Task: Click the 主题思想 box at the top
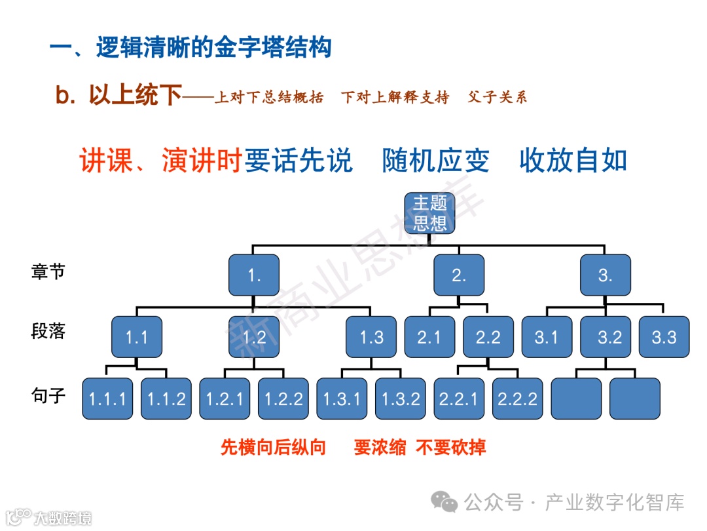click(430, 213)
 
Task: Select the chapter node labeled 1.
click(254, 275)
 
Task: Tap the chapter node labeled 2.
click(459, 275)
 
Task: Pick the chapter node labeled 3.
click(605, 275)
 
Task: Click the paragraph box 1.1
click(137, 338)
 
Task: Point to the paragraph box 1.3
click(371, 338)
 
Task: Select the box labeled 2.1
click(429, 338)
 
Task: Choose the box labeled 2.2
click(488, 338)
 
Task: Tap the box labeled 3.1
click(546, 338)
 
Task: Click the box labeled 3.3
click(664, 338)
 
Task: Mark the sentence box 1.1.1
click(107, 399)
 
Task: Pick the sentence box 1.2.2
click(283, 399)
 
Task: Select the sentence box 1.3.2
click(401, 399)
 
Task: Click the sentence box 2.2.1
click(459, 399)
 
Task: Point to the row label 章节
click(48, 271)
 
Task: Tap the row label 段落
click(48, 331)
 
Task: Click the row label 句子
click(48, 395)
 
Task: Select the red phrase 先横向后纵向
click(273, 448)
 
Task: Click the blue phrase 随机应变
click(435, 161)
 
